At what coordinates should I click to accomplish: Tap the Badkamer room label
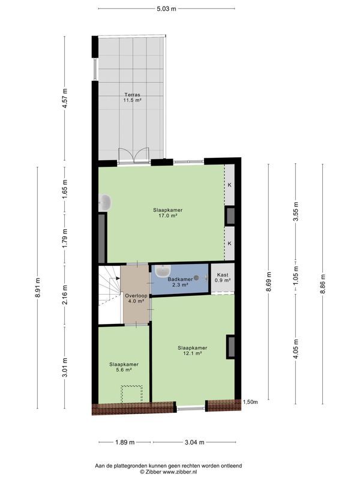[179, 283]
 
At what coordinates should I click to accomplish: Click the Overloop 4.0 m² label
[134, 298]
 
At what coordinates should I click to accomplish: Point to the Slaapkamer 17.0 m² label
[167, 214]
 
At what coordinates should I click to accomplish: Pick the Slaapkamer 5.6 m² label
[124, 368]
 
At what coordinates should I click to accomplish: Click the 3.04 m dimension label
[194, 442]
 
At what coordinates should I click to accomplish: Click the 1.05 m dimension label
[295, 281]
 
